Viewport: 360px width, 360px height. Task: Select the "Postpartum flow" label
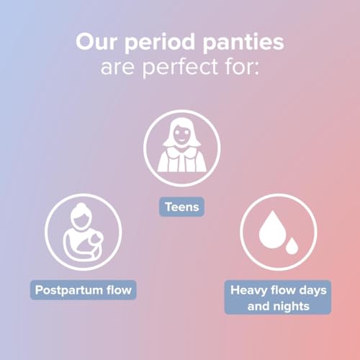tap(85, 291)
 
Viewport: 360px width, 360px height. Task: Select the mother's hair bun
tap(78, 209)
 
